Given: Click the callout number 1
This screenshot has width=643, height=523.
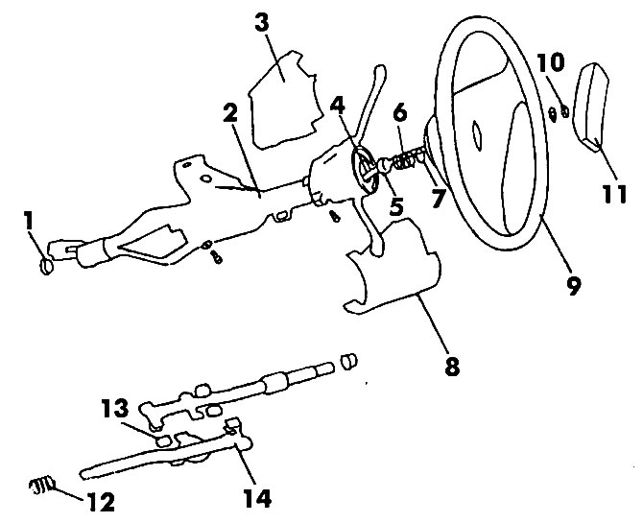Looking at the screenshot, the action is point(28,221).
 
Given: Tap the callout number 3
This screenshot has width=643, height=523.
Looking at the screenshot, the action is point(262,22).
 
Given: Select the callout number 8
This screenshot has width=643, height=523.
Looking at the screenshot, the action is point(452,366).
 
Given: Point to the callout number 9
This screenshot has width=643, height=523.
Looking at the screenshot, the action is point(573,285).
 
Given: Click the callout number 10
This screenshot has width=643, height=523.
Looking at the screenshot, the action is point(551,62).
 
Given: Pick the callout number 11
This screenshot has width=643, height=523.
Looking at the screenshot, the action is point(614,194).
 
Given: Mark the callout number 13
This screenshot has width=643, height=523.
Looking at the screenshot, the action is point(115,408).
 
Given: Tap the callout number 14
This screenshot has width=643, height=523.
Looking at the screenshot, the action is point(257,498).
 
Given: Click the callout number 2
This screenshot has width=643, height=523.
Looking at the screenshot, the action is point(230,112).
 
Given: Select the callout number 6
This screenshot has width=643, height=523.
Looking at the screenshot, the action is point(400,112).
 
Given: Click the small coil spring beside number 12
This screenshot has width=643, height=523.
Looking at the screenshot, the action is point(42,486).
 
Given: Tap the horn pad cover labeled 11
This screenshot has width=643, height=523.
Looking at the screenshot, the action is point(589,107).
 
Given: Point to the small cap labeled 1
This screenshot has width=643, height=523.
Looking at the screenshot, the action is point(46,267).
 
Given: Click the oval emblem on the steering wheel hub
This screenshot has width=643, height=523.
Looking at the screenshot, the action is point(478,135).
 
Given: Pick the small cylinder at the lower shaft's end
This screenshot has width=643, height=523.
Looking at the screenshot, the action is point(349,361).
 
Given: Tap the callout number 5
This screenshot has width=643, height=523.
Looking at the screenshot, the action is point(396,206).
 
